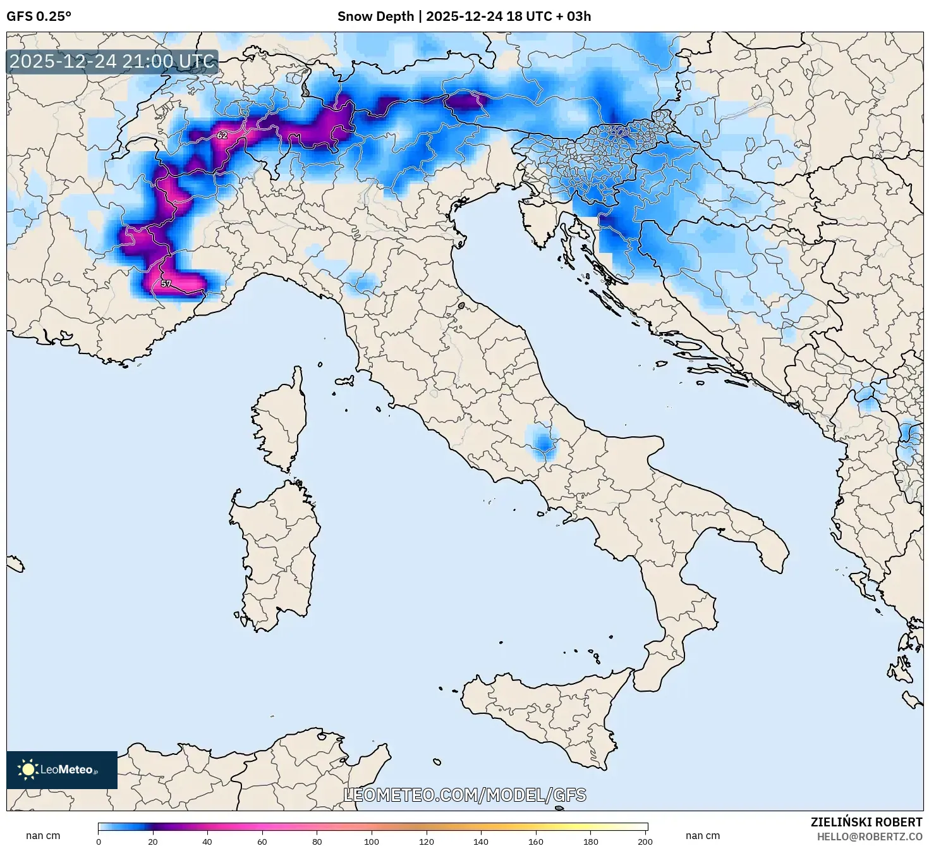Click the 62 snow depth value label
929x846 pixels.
tap(222, 135)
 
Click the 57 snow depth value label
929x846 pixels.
tap(166, 284)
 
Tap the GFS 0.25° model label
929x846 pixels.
tap(39, 16)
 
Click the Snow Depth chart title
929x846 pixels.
tap(464, 16)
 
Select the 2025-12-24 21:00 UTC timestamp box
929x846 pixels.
tap(112, 61)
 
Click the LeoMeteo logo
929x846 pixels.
tap(62, 769)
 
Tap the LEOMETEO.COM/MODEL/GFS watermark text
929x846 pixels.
tap(464, 795)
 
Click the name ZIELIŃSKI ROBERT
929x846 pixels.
tap(866, 822)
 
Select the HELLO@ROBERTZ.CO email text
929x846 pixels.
tap(869, 837)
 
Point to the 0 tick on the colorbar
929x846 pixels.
tap(99, 841)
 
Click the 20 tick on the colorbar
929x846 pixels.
tap(153, 841)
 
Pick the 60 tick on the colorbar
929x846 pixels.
tap(262, 841)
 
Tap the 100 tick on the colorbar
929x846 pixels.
tap(372, 841)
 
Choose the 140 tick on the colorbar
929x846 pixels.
tap(481, 841)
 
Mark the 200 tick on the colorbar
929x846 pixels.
tap(645, 841)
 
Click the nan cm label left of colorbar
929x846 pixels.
tap(43, 835)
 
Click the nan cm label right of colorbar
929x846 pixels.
tap(702, 835)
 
